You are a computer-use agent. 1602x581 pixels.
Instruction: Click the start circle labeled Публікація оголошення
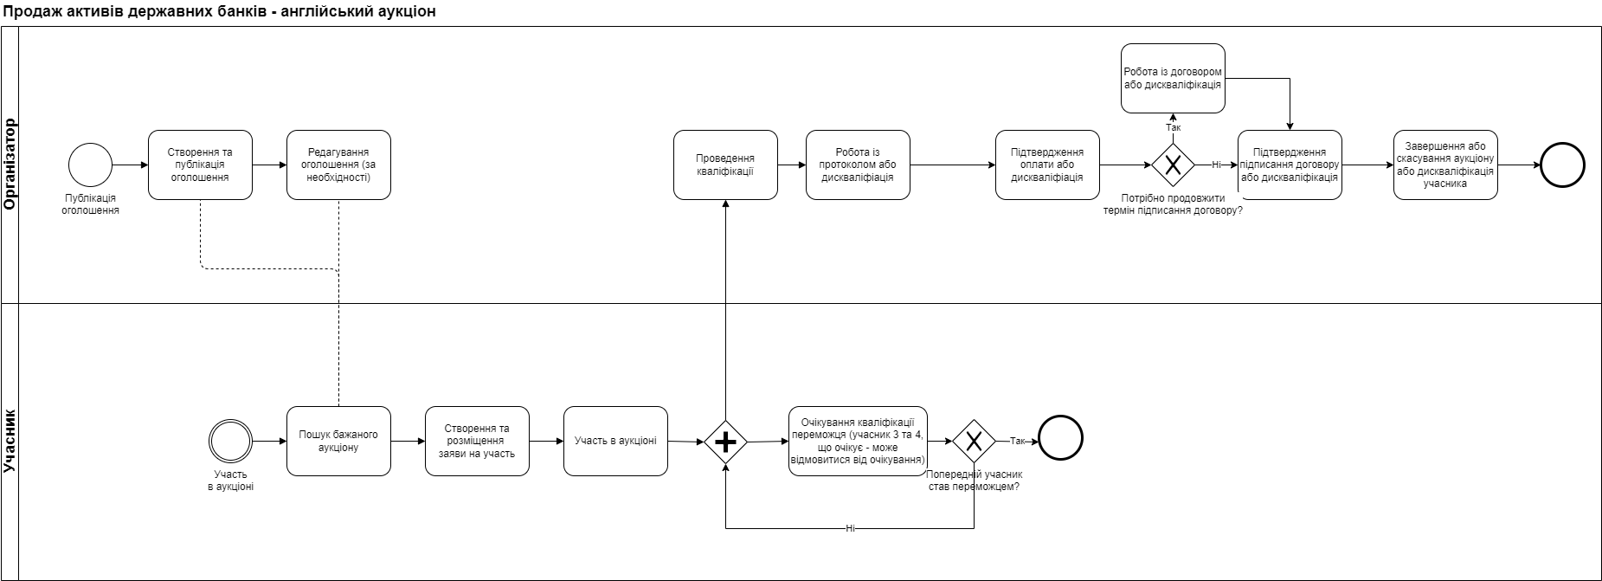(x=91, y=165)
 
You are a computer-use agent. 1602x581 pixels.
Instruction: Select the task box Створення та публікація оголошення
(x=200, y=165)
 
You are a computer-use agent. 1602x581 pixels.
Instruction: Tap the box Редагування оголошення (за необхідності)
(x=338, y=165)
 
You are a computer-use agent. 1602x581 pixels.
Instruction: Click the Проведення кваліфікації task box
(x=725, y=165)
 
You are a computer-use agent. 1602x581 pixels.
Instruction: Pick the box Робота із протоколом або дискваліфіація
(x=858, y=165)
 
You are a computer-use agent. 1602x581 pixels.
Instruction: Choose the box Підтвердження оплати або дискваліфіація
(x=1047, y=165)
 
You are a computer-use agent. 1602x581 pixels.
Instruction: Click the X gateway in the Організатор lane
(x=1173, y=165)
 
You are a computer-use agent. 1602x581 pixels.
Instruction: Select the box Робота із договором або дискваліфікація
(x=1173, y=79)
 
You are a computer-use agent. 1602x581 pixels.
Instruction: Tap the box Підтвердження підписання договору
(x=1290, y=165)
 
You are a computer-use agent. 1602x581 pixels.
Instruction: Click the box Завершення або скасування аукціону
(x=1445, y=165)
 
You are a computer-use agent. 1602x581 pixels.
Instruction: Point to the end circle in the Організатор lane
(x=1562, y=165)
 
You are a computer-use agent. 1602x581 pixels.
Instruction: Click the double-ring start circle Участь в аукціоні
(x=230, y=441)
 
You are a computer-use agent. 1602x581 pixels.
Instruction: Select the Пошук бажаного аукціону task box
(x=338, y=441)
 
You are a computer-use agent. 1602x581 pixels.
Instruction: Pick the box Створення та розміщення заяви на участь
(x=477, y=441)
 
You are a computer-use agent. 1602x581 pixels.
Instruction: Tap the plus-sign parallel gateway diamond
(x=725, y=442)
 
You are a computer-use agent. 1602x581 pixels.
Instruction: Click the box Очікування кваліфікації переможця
(x=858, y=441)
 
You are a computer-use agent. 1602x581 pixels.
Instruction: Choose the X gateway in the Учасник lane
(x=974, y=442)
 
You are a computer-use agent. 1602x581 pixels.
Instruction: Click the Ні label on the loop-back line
(x=850, y=528)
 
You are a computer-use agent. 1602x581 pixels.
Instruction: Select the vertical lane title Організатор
(x=10, y=165)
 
